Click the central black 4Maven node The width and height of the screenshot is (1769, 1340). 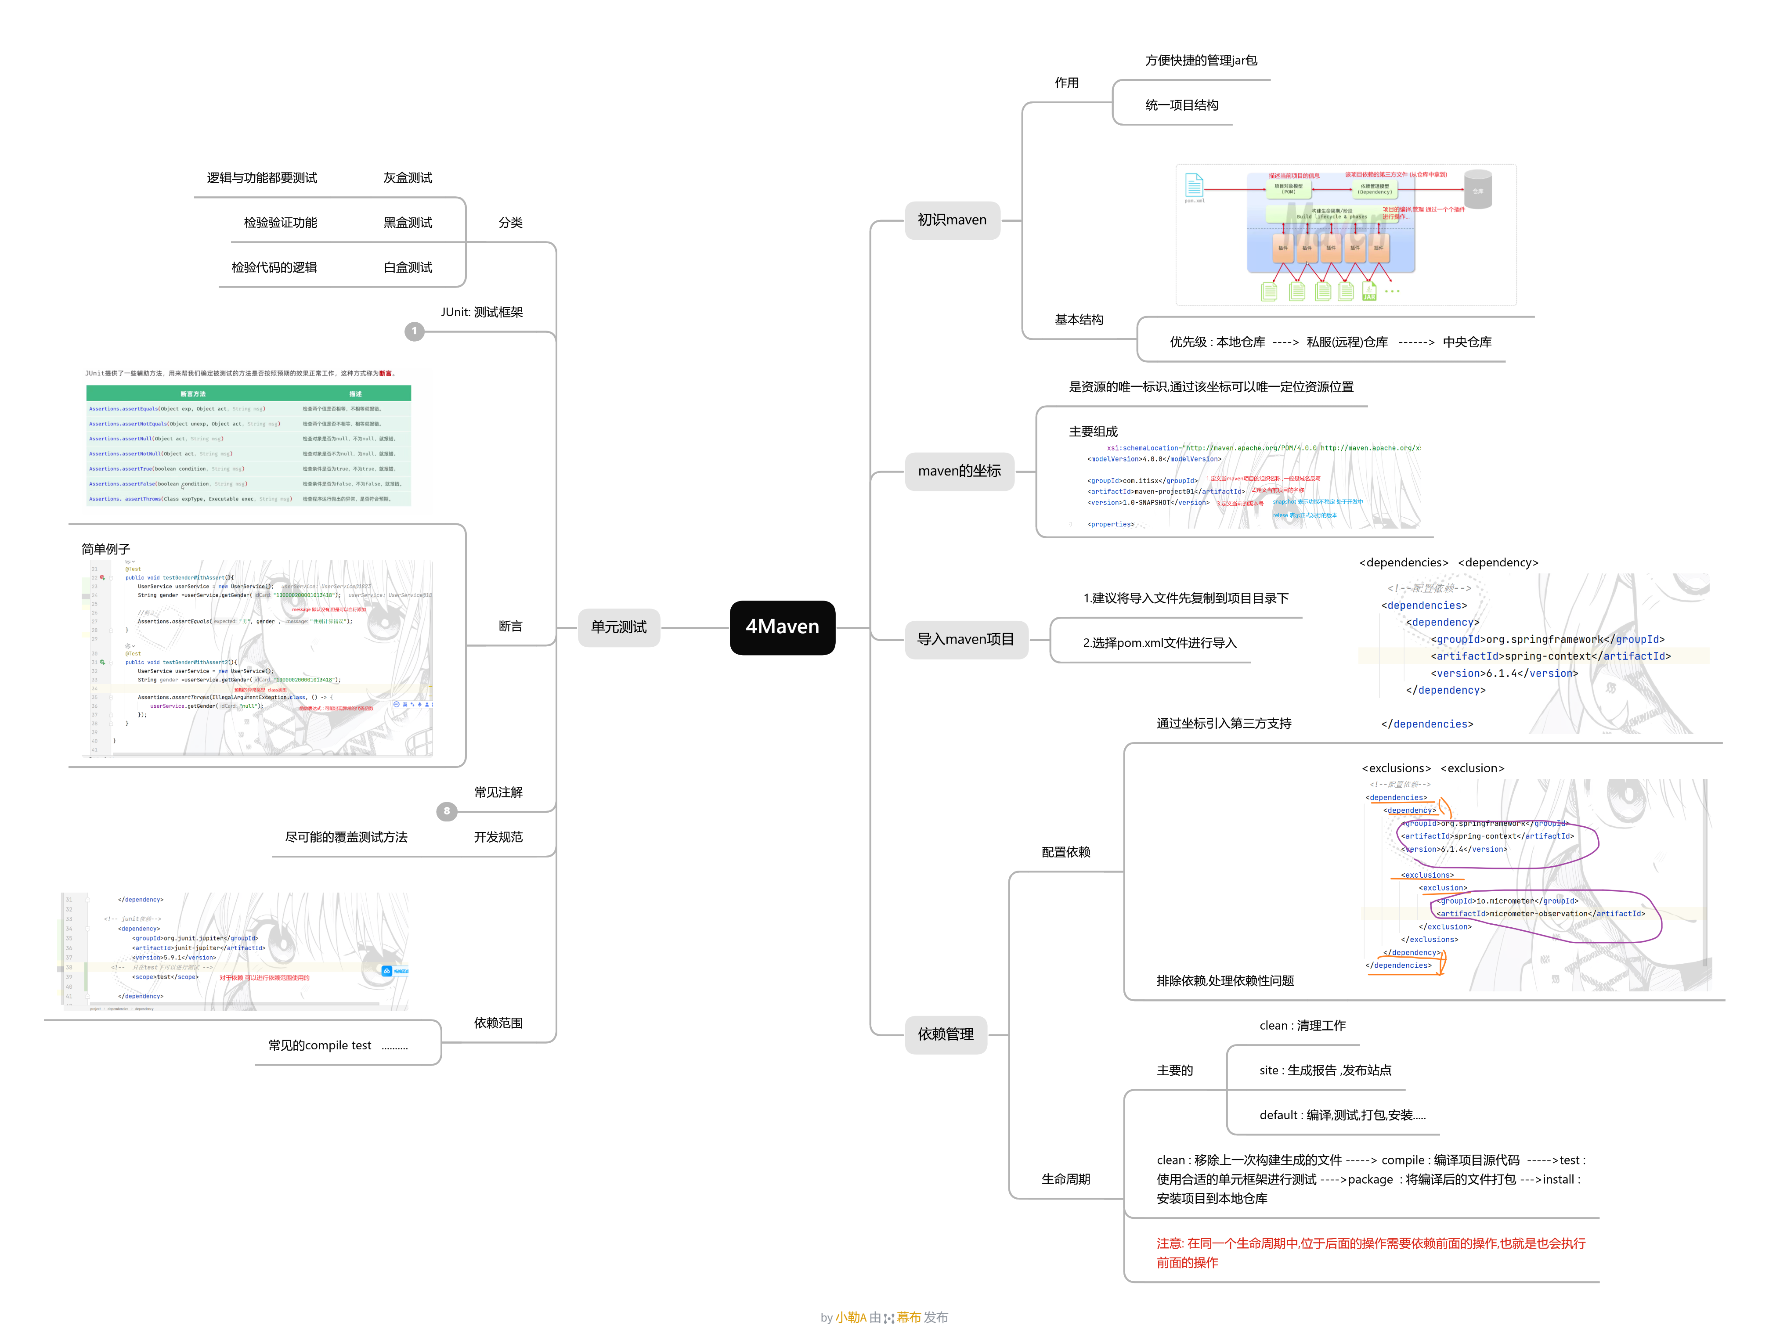[x=782, y=627]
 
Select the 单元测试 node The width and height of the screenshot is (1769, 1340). [x=618, y=627]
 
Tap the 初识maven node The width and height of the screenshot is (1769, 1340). [x=952, y=220]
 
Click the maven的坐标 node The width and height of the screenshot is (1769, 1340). [x=959, y=471]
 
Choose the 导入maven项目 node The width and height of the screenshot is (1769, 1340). [x=965, y=639]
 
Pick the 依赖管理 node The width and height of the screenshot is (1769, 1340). [x=945, y=1034]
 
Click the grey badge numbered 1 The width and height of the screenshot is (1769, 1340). [x=414, y=331]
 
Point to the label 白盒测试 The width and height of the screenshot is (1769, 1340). [x=408, y=267]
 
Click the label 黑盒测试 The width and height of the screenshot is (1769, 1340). [x=408, y=222]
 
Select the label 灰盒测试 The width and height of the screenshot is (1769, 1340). [x=408, y=177]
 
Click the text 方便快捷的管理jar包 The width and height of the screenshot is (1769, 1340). [x=1200, y=61]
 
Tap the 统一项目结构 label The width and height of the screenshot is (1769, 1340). [x=1181, y=105]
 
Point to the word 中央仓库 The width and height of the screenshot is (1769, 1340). [x=1467, y=342]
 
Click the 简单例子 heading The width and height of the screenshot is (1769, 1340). [x=105, y=549]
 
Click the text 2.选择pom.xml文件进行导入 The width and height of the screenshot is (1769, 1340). [x=1159, y=643]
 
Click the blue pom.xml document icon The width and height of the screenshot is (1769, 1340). [x=1194, y=185]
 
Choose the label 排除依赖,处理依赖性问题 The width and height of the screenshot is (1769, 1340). [x=1224, y=980]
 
